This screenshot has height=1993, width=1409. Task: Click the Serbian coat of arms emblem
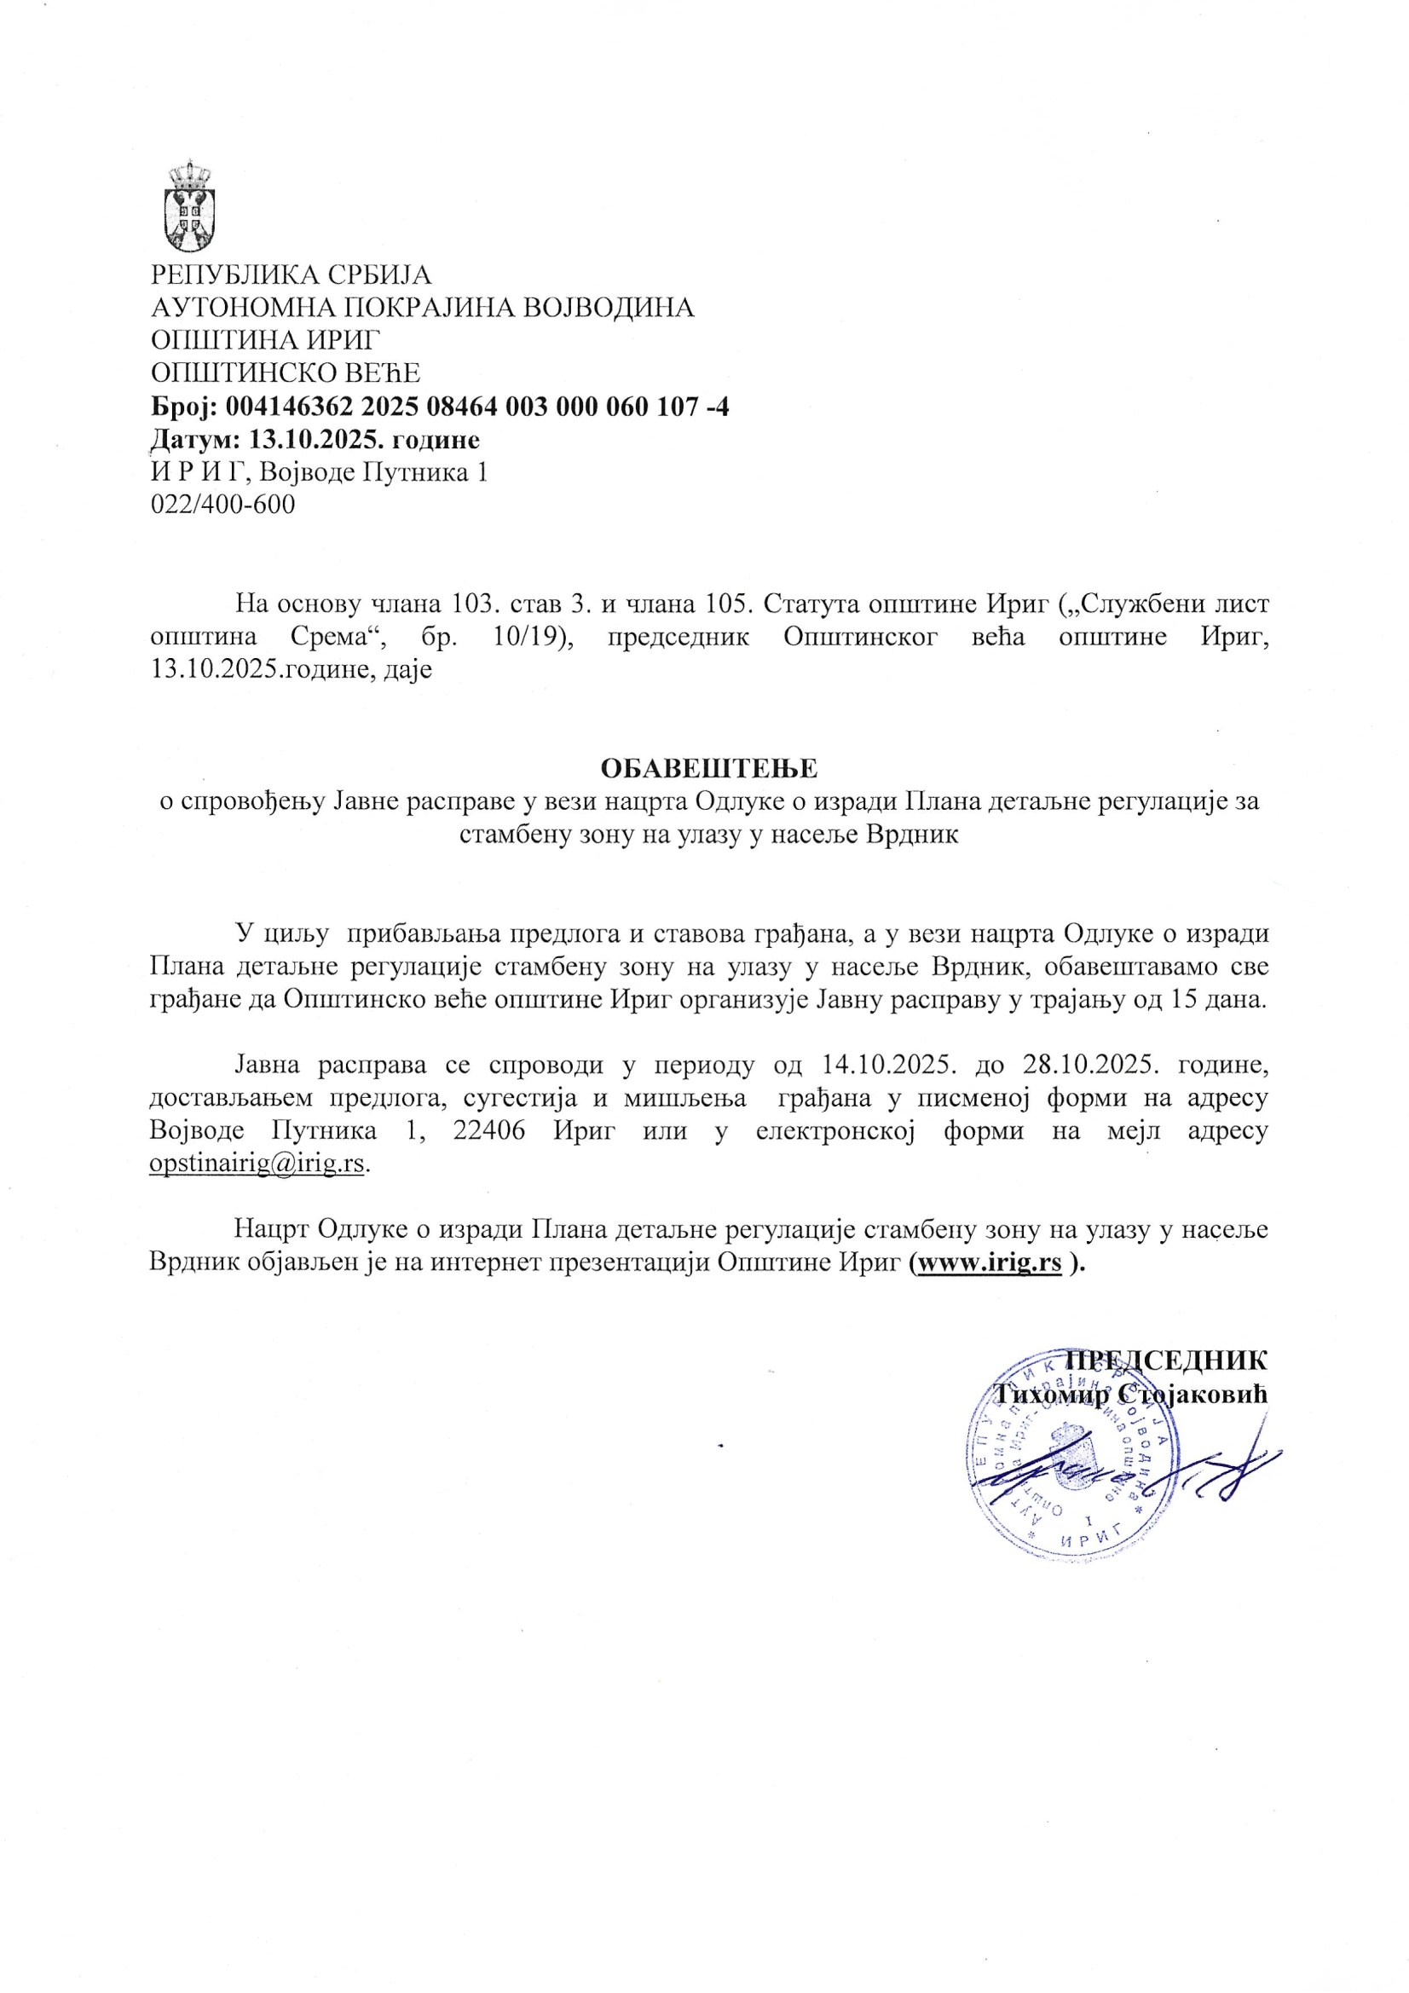[190, 205]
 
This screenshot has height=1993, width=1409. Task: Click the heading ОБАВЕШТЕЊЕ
[709, 768]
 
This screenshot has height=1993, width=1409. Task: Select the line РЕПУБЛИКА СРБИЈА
[291, 275]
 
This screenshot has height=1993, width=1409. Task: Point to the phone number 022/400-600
[222, 505]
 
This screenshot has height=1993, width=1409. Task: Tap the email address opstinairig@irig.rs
[257, 1164]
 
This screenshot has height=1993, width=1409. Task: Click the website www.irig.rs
[988, 1263]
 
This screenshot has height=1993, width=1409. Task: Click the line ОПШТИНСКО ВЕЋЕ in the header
[286, 373]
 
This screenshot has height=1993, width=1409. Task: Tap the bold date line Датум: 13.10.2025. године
[315, 440]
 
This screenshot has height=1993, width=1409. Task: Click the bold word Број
[186, 407]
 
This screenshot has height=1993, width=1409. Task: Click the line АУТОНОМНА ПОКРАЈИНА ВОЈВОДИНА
[423, 307]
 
